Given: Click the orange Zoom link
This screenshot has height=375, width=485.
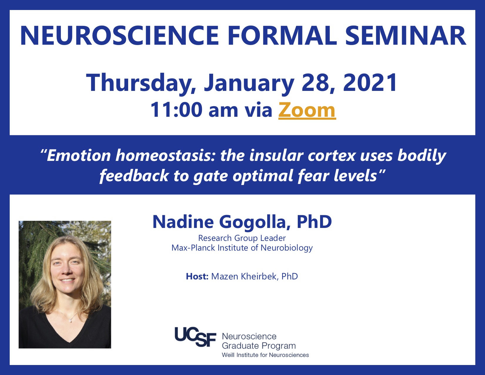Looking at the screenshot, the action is click(x=307, y=110).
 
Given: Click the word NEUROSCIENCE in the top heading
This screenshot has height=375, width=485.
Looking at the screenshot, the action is click(x=119, y=36).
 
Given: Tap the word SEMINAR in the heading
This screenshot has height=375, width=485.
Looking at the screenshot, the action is click(x=406, y=36).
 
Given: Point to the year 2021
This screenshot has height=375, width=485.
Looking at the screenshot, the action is click(x=370, y=82).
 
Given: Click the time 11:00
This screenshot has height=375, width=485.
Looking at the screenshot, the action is click(x=176, y=110).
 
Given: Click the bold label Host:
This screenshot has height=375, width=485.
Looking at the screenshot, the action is click(x=197, y=276).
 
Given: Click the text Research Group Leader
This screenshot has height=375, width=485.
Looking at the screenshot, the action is click(x=242, y=238).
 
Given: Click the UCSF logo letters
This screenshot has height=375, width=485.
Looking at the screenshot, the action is click(x=195, y=337).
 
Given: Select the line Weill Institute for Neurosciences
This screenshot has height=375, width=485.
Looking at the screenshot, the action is click(x=265, y=355).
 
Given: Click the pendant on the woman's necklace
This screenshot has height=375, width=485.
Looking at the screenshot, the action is click(x=71, y=321).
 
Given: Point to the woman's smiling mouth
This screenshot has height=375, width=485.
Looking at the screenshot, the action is click(x=67, y=280).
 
